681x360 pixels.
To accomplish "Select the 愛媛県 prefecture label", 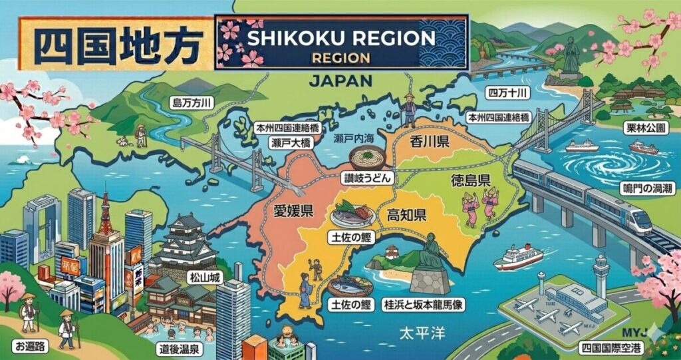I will (x=293, y=212).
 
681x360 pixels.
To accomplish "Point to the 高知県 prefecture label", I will (x=406, y=215).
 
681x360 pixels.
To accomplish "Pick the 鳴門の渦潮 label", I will (x=647, y=189).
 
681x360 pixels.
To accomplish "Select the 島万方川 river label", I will (x=192, y=103).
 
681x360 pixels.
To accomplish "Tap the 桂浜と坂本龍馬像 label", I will (x=418, y=304).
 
